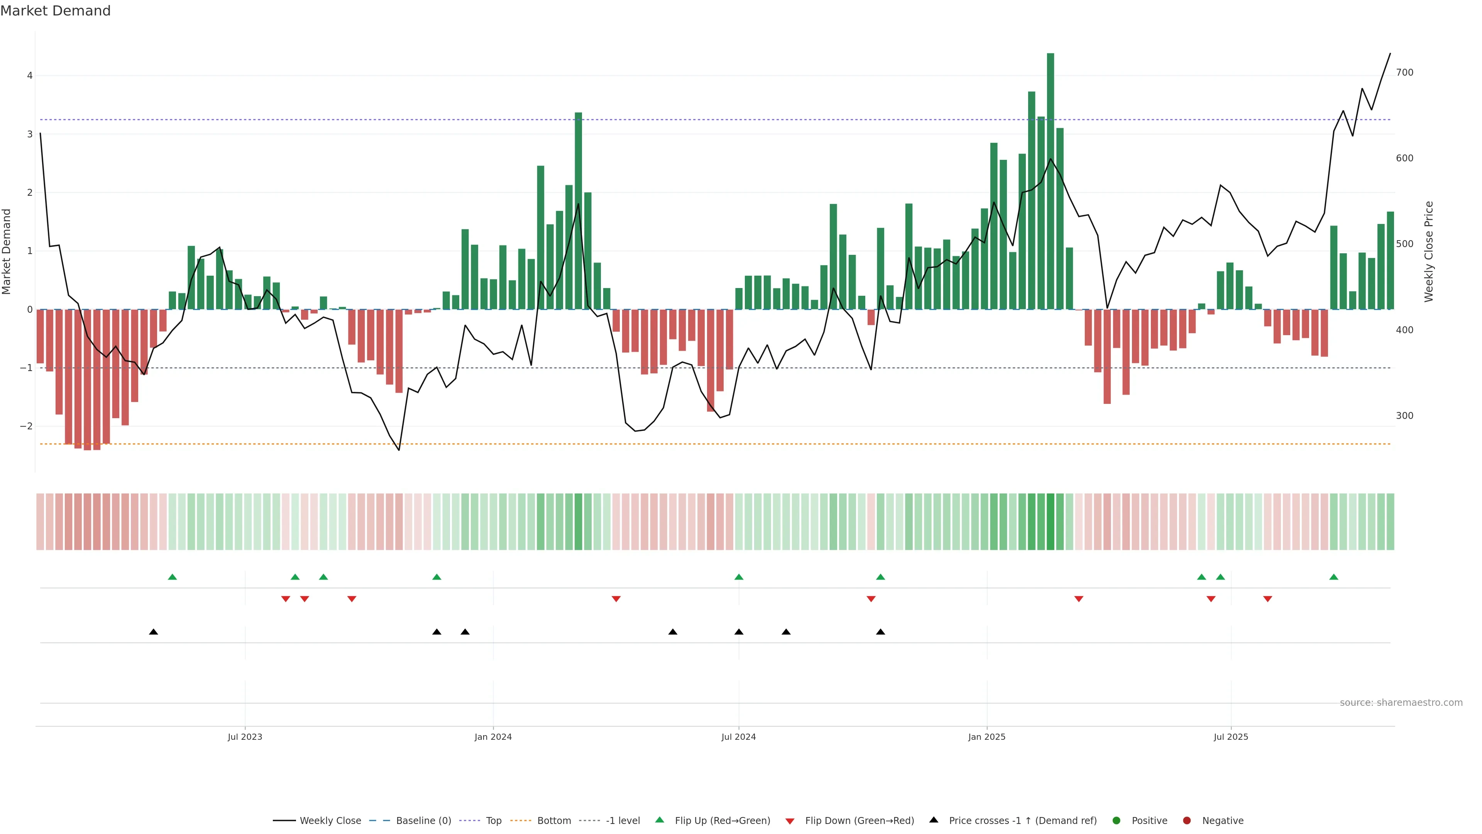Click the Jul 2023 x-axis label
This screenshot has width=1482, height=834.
[245, 737]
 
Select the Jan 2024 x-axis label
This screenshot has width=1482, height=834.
[493, 737]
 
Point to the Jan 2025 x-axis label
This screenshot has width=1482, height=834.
[987, 737]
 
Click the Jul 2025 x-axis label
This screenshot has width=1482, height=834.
[1231, 737]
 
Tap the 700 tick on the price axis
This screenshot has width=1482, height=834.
[1404, 73]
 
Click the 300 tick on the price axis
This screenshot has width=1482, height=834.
[1404, 415]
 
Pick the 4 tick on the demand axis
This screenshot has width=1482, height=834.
[30, 75]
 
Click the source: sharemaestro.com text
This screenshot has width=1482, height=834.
[1401, 703]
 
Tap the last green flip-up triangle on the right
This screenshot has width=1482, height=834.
[1333, 577]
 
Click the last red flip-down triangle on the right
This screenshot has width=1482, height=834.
[1267, 599]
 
